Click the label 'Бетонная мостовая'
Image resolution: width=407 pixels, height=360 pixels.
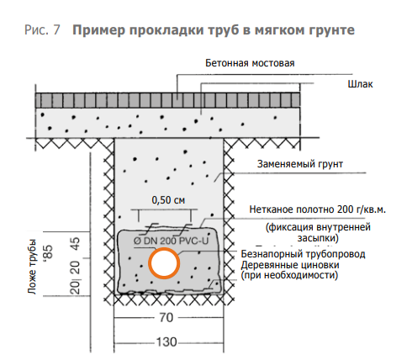(x=250, y=63)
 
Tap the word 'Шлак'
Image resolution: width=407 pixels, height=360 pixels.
(x=360, y=84)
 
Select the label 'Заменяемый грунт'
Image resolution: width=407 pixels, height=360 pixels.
(x=300, y=164)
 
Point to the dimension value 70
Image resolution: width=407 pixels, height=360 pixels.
(x=166, y=318)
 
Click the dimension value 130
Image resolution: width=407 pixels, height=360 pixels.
(x=166, y=342)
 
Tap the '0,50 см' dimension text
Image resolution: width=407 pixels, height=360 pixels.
(x=168, y=200)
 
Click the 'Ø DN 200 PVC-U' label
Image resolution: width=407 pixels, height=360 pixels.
(x=172, y=241)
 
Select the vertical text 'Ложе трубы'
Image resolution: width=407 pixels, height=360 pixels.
(x=32, y=267)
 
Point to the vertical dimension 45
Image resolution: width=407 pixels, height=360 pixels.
(x=76, y=245)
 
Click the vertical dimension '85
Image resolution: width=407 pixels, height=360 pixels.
(x=48, y=252)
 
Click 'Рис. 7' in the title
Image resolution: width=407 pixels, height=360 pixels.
(x=42, y=29)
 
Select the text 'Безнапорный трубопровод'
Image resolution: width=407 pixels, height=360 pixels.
(x=303, y=254)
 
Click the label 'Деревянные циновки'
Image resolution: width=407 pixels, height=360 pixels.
(x=290, y=265)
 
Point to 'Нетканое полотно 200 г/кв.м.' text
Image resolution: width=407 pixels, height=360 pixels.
(x=318, y=209)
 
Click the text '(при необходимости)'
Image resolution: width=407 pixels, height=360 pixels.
(x=289, y=275)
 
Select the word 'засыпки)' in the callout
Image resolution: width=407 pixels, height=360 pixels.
(x=318, y=238)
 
